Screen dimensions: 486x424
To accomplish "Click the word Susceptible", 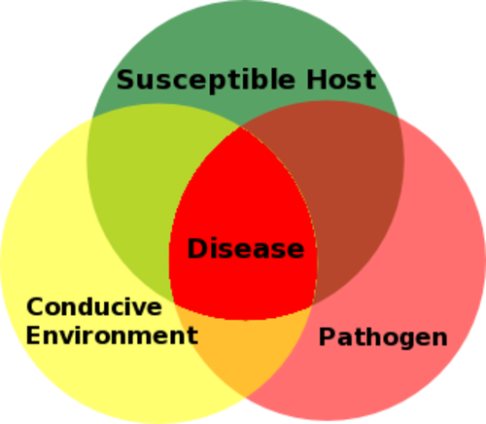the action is (206, 81).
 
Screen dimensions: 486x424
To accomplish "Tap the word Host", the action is (341, 79).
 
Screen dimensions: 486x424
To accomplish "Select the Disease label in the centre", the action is (246, 248).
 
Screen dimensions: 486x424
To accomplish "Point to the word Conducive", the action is (94, 306).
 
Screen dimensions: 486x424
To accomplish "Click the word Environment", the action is (112, 336).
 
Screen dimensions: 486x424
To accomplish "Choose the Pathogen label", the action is (383, 338).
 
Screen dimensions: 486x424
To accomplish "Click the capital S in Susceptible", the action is (127, 79).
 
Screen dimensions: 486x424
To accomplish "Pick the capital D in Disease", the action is (198, 248).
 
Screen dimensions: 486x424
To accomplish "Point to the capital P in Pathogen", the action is (328, 336).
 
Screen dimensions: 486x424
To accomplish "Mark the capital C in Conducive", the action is (36, 306).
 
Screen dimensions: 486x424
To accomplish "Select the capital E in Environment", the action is (34, 336).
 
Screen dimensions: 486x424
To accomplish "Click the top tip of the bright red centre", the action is (240, 126).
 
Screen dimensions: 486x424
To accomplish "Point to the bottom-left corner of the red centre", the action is (174, 303).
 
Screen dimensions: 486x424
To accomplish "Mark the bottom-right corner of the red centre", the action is (313, 305).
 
